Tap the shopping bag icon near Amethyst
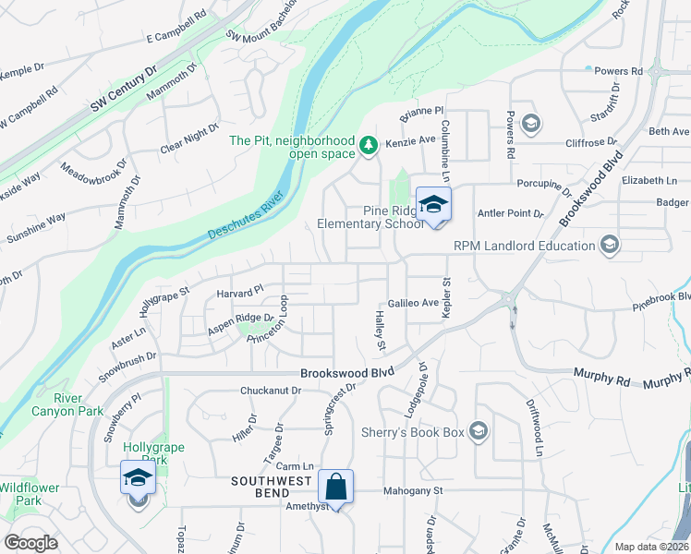pos(336,488)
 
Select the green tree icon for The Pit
pos(369,145)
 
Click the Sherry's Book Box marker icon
pos(479,431)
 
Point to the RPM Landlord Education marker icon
pos(609,245)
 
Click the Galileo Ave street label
pos(413,303)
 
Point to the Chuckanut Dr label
pos(271,391)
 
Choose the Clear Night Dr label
pos(189,138)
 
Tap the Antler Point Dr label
pos(510,213)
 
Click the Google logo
pos(30,543)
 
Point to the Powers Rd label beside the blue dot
pos(618,71)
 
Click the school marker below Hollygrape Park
pos(137,480)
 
